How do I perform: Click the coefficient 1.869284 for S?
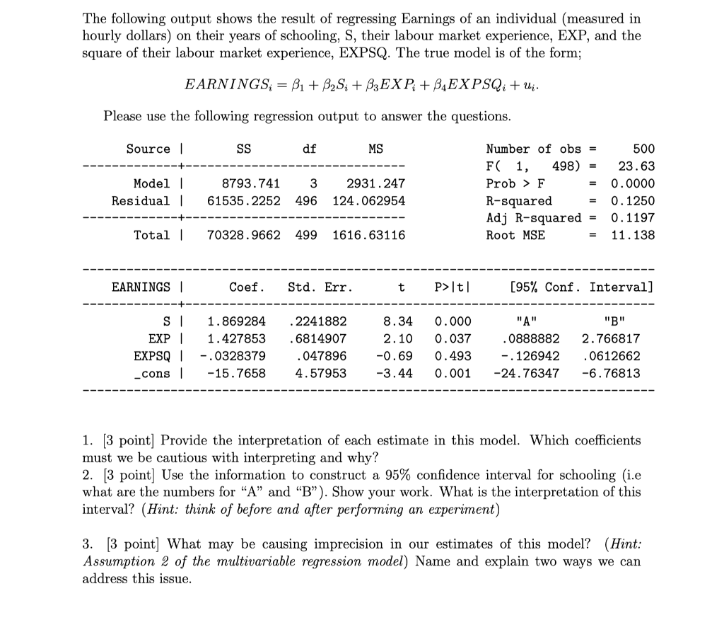pyautogui.click(x=236, y=321)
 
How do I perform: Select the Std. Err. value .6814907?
pyautogui.click(x=318, y=338)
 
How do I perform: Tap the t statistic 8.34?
pyautogui.click(x=398, y=321)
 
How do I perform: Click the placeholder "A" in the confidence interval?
pyautogui.click(x=527, y=321)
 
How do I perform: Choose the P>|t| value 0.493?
pyautogui.click(x=452, y=355)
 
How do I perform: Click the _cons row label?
pyautogui.click(x=156, y=373)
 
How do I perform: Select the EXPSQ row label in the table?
pyautogui.click(x=152, y=355)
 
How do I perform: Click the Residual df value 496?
pyautogui.click(x=306, y=201)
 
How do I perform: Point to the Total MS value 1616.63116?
pyautogui.click(x=368, y=235)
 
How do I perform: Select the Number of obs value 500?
pyautogui.click(x=643, y=149)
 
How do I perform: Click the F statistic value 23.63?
pyautogui.click(x=636, y=166)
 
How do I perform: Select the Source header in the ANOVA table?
pyautogui.click(x=148, y=149)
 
